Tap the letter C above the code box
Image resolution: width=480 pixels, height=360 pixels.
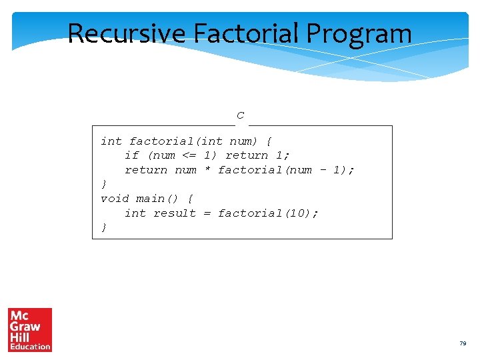(x=240, y=116)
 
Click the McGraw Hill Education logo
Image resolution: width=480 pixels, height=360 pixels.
(x=30, y=329)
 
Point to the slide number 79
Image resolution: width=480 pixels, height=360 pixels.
(x=463, y=343)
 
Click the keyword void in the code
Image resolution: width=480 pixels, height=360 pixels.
(x=115, y=199)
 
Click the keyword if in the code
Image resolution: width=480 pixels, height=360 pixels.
(x=132, y=155)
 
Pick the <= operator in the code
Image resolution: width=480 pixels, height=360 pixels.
(x=189, y=155)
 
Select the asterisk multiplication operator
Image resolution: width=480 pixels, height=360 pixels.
(x=207, y=170)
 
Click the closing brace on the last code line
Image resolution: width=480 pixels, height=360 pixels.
(x=103, y=228)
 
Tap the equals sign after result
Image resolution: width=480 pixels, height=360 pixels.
(x=207, y=213)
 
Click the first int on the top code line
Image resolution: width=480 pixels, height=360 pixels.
(x=111, y=141)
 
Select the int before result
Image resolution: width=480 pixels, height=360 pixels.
(x=135, y=213)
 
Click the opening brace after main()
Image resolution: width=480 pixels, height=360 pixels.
(x=190, y=199)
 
